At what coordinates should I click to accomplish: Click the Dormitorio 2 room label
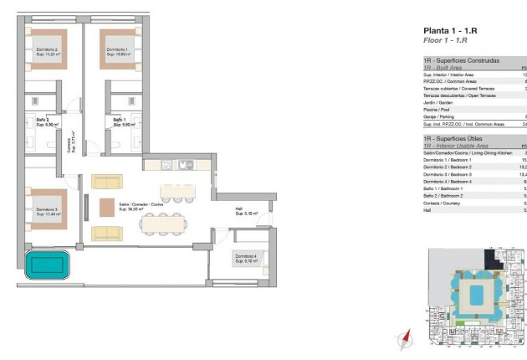pos(45,52)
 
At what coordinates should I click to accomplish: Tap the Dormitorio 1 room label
pos(117,52)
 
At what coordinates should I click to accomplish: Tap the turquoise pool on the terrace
pos(48,265)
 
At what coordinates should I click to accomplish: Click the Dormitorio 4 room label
pos(247,258)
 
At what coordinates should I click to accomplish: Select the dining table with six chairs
pos(163,224)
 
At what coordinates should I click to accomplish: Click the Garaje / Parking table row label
pos(440,116)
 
